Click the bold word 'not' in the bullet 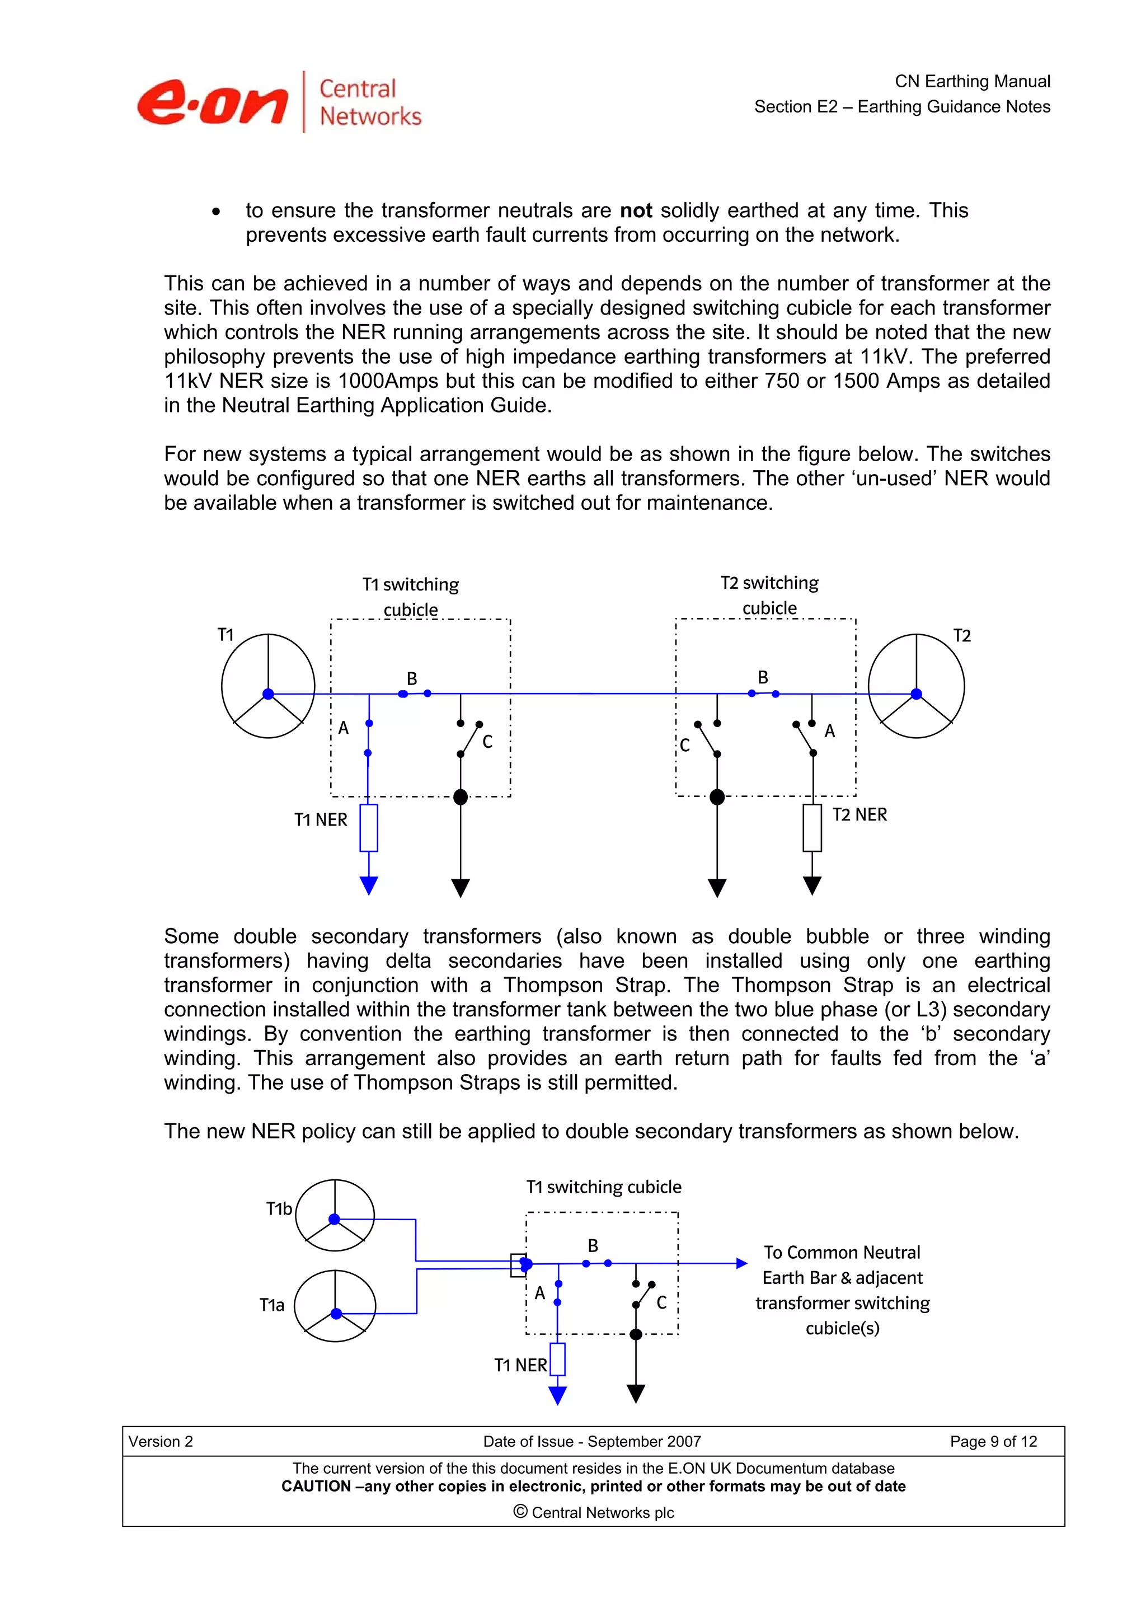tap(636, 210)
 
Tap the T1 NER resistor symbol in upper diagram tap(369, 827)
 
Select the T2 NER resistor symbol tap(812, 827)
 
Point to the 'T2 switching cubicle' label tap(769, 595)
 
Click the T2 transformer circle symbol tap(916, 686)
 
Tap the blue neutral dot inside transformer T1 tap(269, 693)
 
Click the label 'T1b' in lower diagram tap(279, 1209)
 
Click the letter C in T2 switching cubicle tap(684, 746)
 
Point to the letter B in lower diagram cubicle tap(593, 1245)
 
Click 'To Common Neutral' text tap(842, 1253)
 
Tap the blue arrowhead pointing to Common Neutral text tap(741, 1263)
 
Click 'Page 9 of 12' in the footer tap(993, 1441)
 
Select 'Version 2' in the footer tap(161, 1441)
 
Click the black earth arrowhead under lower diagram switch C tap(636, 1394)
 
